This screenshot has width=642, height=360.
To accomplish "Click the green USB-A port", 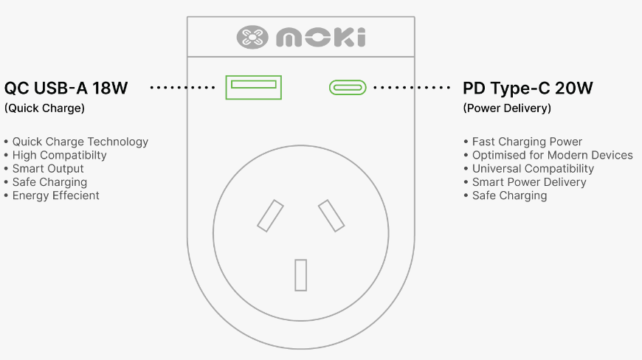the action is tap(253, 87).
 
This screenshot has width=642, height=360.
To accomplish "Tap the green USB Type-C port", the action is tap(348, 88).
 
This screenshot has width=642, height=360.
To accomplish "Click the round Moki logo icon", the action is tap(252, 37).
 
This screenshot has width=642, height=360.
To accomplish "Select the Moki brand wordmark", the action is tap(321, 37).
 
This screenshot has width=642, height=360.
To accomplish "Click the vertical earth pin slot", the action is tap(301, 275).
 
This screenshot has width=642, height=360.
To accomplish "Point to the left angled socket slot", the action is tap(270, 215).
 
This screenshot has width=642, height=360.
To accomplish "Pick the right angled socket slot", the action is tap(331, 215).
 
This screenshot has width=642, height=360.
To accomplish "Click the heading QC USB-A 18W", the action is tap(66, 88).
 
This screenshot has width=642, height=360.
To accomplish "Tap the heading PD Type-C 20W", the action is tap(528, 88).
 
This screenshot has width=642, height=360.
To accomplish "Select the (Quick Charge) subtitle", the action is tap(44, 108).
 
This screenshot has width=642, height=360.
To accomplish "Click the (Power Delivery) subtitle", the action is tap(507, 108).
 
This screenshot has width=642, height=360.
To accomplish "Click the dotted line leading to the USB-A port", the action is tap(182, 88).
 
